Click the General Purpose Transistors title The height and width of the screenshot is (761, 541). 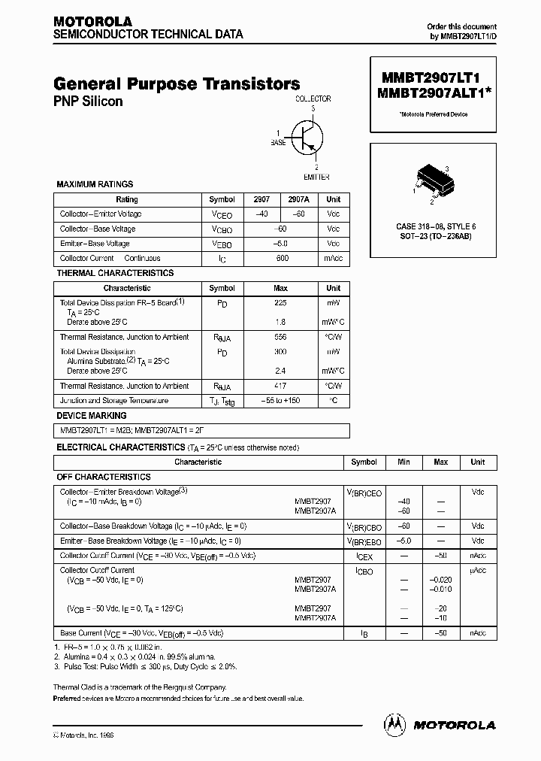pos(177,84)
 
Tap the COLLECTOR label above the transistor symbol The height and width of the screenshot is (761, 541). pos(313,99)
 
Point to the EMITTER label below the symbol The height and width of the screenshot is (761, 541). pos(316,177)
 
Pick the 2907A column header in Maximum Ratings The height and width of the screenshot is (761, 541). pos(298,199)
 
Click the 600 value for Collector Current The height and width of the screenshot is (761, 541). pos(282,258)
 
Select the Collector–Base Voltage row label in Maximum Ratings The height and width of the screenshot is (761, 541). pos(98,229)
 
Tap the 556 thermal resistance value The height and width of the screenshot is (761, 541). pos(280,338)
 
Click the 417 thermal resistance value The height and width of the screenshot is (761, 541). pos(280,386)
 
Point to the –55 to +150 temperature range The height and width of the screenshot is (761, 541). pos(280,401)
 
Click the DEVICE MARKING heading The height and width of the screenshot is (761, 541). pos(92,415)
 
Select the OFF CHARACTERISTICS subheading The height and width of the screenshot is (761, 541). pos(104,477)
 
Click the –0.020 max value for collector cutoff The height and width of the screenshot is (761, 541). pos(440,580)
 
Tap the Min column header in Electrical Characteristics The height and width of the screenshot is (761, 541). pos(403,462)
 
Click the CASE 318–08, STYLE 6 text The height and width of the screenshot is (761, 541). pos(436,226)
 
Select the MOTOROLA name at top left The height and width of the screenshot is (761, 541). pos(92,22)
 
